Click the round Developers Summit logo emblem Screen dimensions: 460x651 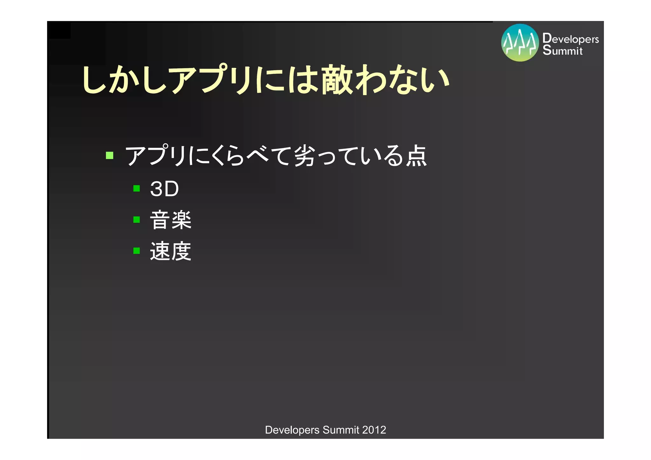[x=520, y=43]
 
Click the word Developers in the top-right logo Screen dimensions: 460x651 [x=571, y=38]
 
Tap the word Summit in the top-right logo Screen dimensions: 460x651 [x=562, y=50]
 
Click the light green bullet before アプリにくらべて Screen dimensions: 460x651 [x=110, y=155]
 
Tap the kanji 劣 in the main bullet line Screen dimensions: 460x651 [x=305, y=155]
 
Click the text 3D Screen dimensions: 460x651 [x=164, y=189]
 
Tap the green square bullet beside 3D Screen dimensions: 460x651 [x=137, y=189]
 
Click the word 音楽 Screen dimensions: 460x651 [x=171, y=220]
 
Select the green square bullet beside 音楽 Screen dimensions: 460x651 [x=137, y=220]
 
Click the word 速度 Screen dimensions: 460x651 [x=171, y=251]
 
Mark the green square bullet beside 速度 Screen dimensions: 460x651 [x=137, y=251]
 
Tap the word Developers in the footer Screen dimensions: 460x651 [x=292, y=430]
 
